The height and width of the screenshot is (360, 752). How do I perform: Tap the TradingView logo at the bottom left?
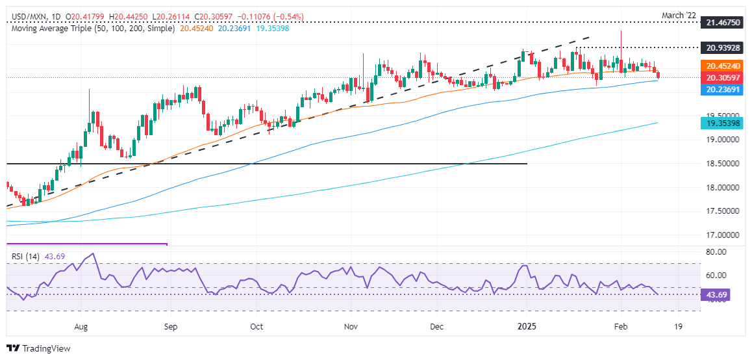(38, 348)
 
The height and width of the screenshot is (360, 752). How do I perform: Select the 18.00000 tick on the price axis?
(719, 187)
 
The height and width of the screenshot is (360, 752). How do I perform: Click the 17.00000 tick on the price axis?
(719, 235)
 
